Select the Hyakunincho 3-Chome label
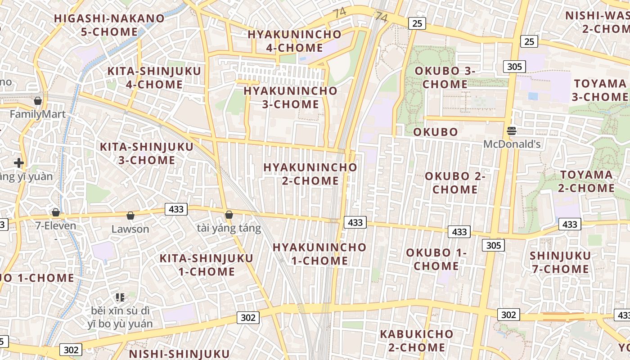click(x=290, y=97)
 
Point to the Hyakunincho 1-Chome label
click(x=319, y=254)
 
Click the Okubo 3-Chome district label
click(x=445, y=77)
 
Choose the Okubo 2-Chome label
click(x=455, y=183)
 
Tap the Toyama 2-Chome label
click(x=586, y=181)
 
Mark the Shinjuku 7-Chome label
click(x=560, y=262)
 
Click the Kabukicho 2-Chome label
click(x=416, y=341)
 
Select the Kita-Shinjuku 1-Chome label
click(x=207, y=265)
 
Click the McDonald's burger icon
click(x=512, y=131)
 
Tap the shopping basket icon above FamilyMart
click(x=38, y=101)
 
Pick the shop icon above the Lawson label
click(x=130, y=216)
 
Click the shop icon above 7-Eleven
click(x=56, y=212)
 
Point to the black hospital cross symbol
click(x=19, y=163)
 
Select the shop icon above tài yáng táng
click(x=229, y=215)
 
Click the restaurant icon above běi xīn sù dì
click(x=120, y=297)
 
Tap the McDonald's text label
click(x=512, y=144)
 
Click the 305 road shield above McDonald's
click(x=514, y=67)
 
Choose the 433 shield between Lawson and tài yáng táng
click(x=176, y=209)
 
